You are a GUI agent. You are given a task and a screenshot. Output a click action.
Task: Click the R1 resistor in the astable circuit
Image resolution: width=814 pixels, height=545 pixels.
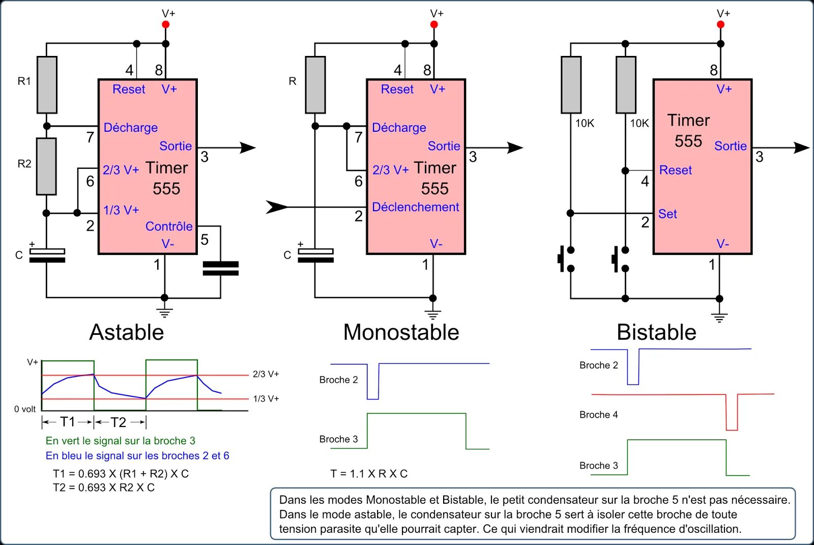click(47, 84)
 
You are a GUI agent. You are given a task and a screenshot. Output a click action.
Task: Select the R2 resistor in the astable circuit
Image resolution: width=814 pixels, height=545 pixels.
click(46, 166)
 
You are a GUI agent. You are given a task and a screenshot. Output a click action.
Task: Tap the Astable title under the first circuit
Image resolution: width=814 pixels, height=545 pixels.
click(127, 332)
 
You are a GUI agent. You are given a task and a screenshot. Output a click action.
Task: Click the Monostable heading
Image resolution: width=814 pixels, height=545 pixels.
click(401, 332)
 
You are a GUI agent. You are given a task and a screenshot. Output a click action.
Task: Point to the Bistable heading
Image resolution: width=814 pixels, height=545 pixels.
click(656, 332)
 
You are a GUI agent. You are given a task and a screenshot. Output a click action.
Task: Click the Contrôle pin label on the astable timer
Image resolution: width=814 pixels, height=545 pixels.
click(169, 226)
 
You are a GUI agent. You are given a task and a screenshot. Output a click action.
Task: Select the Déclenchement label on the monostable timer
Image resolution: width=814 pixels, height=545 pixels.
click(415, 207)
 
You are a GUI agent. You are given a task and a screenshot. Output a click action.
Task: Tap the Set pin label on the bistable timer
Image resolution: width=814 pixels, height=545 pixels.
click(667, 214)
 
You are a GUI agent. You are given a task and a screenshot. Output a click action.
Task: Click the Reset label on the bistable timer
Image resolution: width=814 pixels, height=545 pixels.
click(675, 170)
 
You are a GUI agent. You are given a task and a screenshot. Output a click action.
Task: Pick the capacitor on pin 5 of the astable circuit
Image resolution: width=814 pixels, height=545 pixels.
click(220, 268)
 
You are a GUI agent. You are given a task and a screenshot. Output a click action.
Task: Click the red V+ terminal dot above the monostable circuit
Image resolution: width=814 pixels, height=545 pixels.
click(434, 24)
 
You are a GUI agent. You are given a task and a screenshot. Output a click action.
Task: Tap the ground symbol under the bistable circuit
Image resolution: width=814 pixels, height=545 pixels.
click(719, 318)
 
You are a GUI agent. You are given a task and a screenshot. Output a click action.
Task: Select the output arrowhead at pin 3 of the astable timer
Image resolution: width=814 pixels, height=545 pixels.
click(248, 148)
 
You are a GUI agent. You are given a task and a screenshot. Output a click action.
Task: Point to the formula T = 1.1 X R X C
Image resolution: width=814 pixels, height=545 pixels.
click(369, 474)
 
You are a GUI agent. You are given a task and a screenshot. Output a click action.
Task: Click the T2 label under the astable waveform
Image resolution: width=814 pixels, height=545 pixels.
click(119, 422)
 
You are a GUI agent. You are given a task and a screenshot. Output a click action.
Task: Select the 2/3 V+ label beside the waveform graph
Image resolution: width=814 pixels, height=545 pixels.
click(266, 374)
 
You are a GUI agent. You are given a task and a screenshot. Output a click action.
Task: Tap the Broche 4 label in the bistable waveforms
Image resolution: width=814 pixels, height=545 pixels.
click(598, 415)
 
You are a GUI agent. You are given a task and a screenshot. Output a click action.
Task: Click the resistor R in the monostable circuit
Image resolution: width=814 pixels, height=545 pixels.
click(315, 84)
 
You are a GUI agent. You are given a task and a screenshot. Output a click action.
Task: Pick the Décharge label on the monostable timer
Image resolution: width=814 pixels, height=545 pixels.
click(399, 128)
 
